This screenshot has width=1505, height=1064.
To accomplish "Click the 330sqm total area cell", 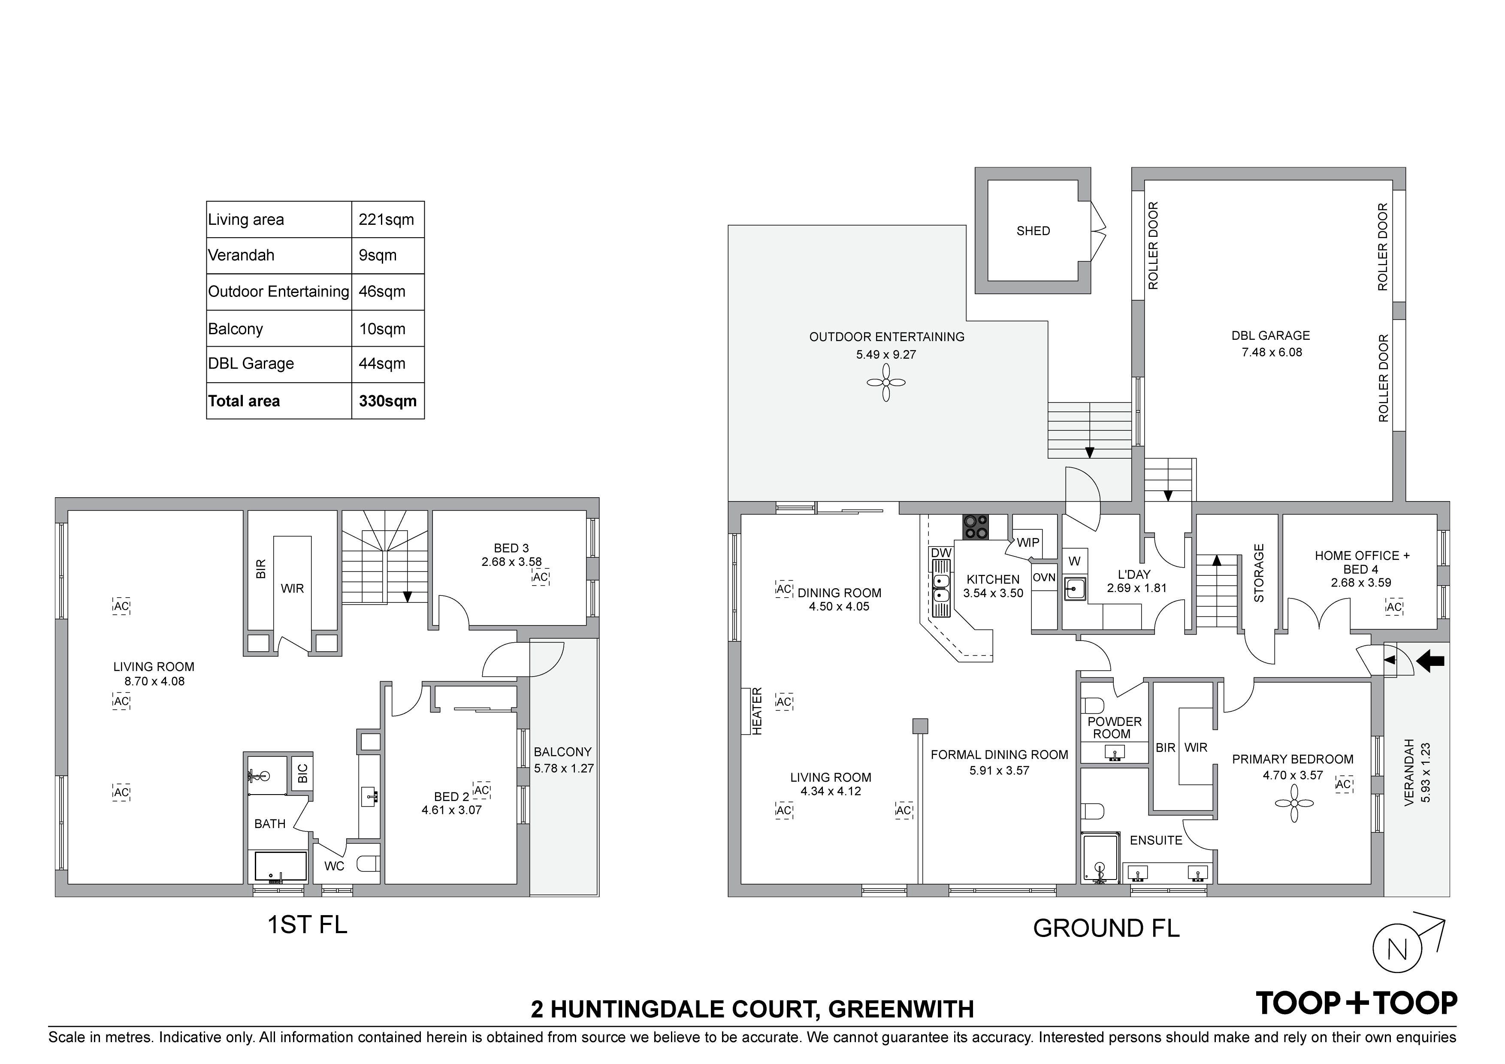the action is click(x=387, y=401).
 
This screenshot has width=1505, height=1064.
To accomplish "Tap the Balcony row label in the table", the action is click(x=236, y=329).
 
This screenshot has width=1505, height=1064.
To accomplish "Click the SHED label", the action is click(x=1033, y=231).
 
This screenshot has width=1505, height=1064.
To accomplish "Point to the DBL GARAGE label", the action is click(x=1270, y=336).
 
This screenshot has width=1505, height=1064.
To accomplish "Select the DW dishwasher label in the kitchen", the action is click(x=941, y=553).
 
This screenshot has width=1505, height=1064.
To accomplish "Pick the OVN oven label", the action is click(x=1044, y=577).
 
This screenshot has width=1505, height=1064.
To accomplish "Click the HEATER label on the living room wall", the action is click(x=757, y=710).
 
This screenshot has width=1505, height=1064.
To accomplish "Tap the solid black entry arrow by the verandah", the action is click(x=1430, y=662).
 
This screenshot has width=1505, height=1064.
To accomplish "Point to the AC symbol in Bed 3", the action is click(x=540, y=577).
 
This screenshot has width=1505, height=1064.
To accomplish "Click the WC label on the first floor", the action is click(x=334, y=866).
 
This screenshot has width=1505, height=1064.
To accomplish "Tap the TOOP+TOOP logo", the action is click(x=1356, y=1003).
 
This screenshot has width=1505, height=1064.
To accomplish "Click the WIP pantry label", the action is click(x=1028, y=542).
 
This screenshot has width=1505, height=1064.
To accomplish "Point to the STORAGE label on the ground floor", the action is click(x=1259, y=573).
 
